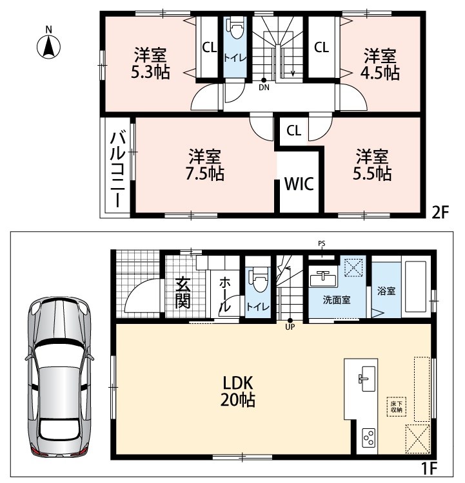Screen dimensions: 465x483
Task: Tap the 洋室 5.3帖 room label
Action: [x=150, y=64]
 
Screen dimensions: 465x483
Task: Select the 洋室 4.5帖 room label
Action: [x=380, y=64]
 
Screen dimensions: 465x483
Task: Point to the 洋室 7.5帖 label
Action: [x=205, y=164]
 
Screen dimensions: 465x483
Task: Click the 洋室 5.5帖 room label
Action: [x=372, y=164]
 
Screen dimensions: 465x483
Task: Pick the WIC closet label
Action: [x=299, y=184]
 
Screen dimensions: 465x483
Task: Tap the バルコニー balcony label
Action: [x=118, y=169]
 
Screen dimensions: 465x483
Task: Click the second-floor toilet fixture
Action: [x=236, y=28]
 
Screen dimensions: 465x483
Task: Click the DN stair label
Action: [x=264, y=88]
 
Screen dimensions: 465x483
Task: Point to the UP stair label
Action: [x=290, y=327]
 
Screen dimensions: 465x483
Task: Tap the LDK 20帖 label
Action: [x=238, y=392]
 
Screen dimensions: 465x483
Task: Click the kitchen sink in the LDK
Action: [x=367, y=379]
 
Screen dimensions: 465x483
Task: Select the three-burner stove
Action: [x=369, y=437]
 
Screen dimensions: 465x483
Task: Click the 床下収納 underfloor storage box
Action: [x=397, y=406]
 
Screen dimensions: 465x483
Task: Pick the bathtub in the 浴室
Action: [x=415, y=287]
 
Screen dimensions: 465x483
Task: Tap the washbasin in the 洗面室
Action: [x=322, y=279]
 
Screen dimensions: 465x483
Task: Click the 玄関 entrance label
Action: [x=183, y=293]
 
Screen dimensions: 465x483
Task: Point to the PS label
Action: [x=322, y=243]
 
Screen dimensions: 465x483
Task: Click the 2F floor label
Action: [x=440, y=213]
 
